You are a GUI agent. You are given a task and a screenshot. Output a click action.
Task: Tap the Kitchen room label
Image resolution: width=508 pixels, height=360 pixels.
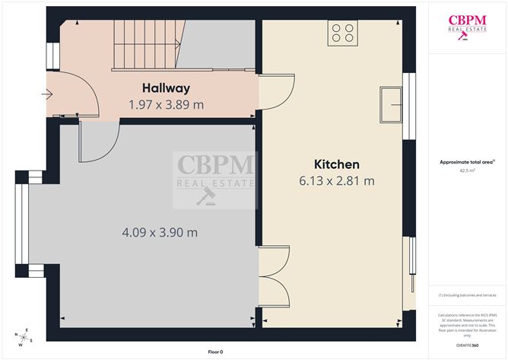pos(337,164)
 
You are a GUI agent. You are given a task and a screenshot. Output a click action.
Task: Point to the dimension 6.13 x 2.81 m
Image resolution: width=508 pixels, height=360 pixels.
pos(337,181)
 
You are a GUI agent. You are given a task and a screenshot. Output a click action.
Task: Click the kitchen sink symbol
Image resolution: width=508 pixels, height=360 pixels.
pos(392,104)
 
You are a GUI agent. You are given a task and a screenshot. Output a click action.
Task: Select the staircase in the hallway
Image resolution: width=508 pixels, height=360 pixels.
pos(144,44)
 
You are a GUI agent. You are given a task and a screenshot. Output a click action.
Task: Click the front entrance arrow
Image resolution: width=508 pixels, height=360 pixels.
pos(47,95)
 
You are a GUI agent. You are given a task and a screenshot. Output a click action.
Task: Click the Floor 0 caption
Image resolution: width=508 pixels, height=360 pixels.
pos(217,352)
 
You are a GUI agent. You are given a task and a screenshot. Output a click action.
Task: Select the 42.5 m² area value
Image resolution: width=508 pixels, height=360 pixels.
pos(467,171)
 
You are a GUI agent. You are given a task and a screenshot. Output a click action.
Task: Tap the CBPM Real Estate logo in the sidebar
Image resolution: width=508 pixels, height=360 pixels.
pos(467,27)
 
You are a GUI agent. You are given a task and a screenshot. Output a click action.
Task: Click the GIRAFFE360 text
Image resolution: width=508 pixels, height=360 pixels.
pos(467,346)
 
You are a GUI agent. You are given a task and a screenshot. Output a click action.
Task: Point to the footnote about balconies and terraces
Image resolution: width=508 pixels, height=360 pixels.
pos(467,295)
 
